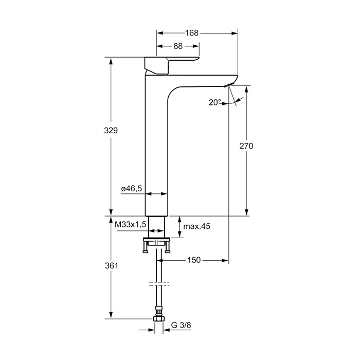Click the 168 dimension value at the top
click(192, 33)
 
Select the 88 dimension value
click(178, 46)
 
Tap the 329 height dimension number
click(111, 131)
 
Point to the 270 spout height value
click(246, 146)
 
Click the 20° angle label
click(215, 102)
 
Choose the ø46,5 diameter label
click(132, 189)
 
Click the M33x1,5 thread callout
click(131, 224)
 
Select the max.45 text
click(197, 226)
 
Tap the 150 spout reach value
click(194, 260)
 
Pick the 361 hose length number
click(112, 266)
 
